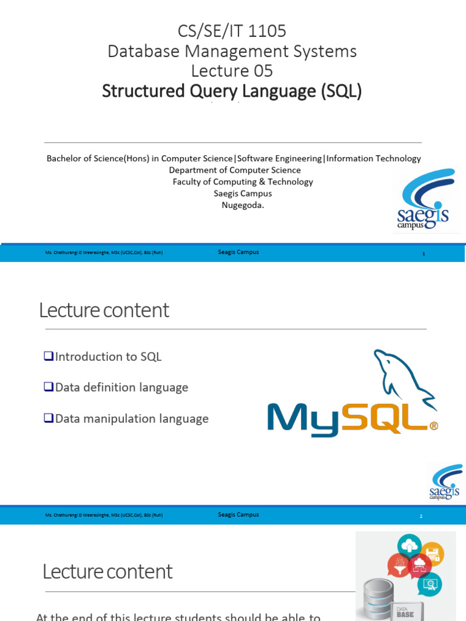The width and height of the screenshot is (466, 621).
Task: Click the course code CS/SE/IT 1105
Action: [232, 31]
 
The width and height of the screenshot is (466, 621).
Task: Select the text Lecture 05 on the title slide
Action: [232, 71]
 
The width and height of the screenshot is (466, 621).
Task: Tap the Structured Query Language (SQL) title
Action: [232, 91]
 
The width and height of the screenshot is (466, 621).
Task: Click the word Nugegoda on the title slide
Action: [243, 205]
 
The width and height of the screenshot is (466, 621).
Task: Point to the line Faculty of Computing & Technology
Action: [243, 181]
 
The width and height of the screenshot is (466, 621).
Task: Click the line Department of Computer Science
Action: [235, 170]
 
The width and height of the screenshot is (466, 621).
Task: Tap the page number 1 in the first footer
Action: [424, 253]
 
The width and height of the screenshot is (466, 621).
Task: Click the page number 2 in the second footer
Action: [420, 516]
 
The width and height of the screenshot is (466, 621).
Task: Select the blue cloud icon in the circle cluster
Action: [410, 545]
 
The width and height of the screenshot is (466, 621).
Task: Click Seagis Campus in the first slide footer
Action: [238, 252]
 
